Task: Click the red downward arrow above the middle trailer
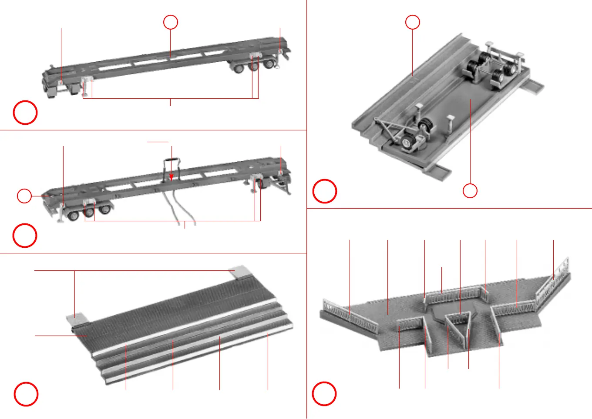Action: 172,176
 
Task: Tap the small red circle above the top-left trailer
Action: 171,22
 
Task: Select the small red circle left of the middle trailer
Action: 24,196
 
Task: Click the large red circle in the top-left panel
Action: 25,113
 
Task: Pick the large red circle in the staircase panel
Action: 26,394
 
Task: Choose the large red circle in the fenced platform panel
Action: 324,393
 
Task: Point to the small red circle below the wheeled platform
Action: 470,191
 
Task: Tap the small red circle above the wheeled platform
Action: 413,22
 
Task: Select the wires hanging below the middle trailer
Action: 178,209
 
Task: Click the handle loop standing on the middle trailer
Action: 172,167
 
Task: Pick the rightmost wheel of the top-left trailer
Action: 269,63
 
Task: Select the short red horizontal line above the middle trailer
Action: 158,142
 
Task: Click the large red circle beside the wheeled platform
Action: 325,191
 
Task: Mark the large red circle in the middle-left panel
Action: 25,236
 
